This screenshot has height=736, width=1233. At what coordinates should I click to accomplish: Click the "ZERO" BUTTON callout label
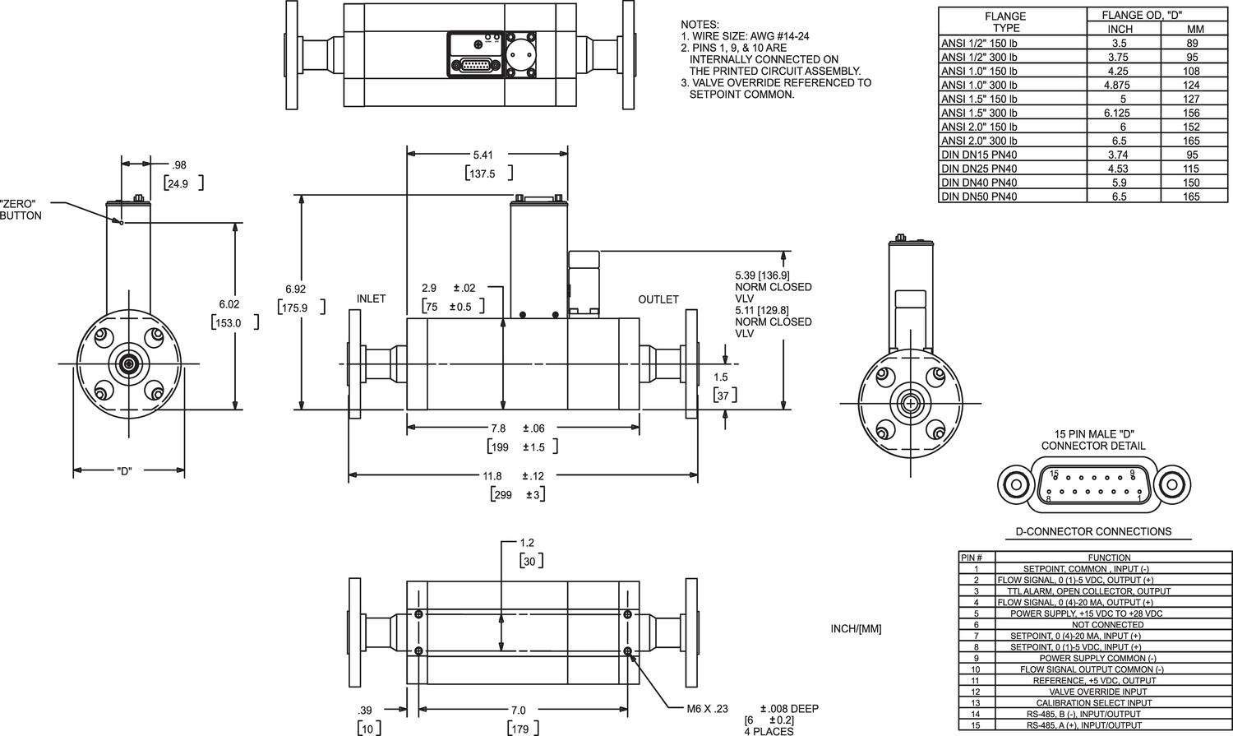pyautogui.click(x=21, y=210)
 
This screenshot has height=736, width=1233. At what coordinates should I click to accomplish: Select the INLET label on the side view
pyautogui.click(x=371, y=299)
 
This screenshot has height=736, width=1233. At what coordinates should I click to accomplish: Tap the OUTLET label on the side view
pyautogui.click(x=658, y=299)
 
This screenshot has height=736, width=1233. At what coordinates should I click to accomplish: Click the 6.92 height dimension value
pyautogui.click(x=295, y=289)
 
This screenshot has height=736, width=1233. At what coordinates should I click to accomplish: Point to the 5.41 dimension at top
pyautogui.click(x=483, y=155)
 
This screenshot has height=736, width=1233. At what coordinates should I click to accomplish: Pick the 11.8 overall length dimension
pyautogui.click(x=492, y=476)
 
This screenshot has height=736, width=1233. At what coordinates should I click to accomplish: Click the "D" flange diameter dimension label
pyautogui.click(x=124, y=471)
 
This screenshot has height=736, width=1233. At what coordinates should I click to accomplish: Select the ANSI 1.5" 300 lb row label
pyautogui.click(x=979, y=113)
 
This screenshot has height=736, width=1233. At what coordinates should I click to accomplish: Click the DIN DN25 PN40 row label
pyautogui.click(x=979, y=169)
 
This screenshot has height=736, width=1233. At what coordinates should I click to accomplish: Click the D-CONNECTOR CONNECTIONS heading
pyautogui.click(x=1093, y=531)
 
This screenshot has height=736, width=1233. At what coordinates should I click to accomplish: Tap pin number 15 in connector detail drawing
pyautogui.click(x=1054, y=474)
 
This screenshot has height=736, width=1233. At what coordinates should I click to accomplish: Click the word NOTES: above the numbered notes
pyautogui.click(x=700, y=25)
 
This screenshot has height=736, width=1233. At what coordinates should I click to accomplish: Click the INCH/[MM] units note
pyautogui.click(x=856, y=629)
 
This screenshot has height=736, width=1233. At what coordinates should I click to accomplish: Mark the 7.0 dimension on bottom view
pyautogui.click(x=518, y=710)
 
